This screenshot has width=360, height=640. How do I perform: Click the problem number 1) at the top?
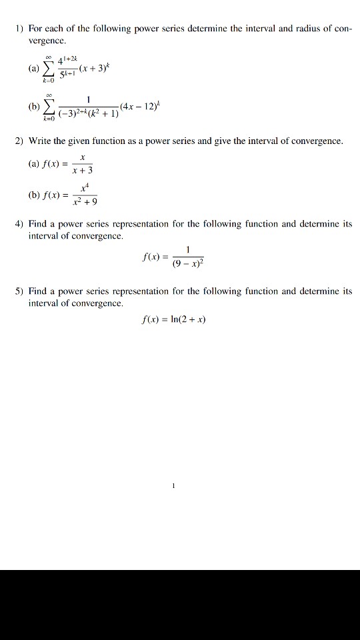coord(19,29)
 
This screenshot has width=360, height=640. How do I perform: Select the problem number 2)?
coord(19,141)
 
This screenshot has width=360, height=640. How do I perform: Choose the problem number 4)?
coord(19,225)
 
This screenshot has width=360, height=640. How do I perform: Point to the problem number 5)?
coord(19,291)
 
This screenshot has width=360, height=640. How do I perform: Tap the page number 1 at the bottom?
coord(173,486)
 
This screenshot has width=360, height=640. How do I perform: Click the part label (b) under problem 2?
coord(34,196)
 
